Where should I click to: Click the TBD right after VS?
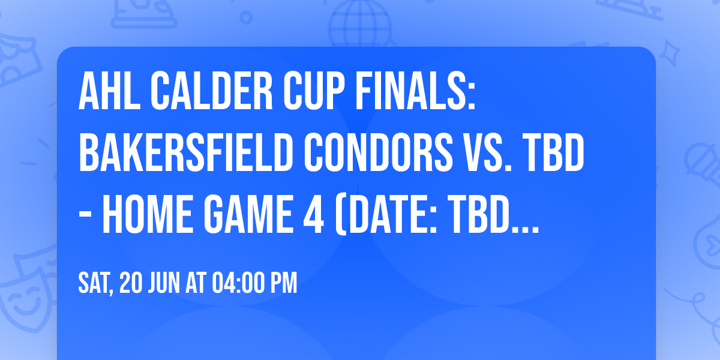(x=556, y=155)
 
